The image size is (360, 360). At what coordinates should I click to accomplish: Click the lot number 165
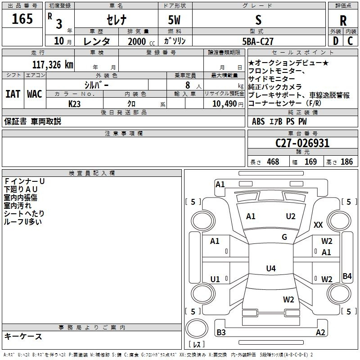[22, 18]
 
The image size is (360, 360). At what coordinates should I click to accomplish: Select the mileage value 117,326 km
[53, 65]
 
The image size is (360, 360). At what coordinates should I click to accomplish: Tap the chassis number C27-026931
[302, 143]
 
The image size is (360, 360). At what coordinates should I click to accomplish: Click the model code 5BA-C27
[258, 41]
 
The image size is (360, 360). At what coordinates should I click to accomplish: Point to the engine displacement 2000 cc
[141, 41]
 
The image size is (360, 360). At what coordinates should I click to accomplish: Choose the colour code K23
[74, 104]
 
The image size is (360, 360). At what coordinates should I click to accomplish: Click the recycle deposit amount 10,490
[225, 103]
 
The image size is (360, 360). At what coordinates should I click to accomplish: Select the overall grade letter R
[343, 21]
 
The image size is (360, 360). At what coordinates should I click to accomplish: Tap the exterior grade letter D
[336, 41]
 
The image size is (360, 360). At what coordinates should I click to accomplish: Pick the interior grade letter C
[351, 41]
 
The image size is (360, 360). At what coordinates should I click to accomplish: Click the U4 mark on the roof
[271, 268]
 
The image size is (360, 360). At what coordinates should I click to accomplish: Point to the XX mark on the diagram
[318, 225]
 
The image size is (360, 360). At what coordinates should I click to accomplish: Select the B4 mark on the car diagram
[347, 276]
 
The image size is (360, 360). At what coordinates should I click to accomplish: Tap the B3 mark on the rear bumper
[221, 332]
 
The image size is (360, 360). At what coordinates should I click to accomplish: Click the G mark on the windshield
[284, 237]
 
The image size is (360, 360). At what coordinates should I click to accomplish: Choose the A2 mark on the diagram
[320, 332]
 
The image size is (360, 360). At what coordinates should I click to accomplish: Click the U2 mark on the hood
[291, 216]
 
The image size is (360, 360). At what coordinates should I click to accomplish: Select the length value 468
[273, 162]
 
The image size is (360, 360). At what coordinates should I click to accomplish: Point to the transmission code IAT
[13, 94]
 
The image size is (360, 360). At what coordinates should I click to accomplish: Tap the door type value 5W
[174, 20]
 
